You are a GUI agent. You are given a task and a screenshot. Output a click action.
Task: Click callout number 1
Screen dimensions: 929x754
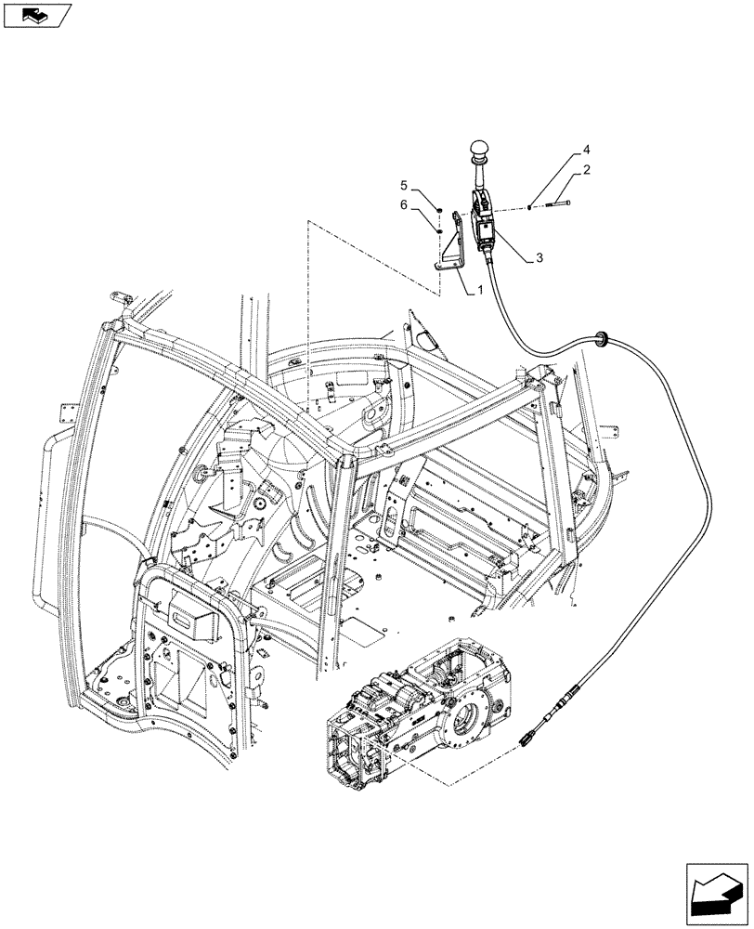tap(479, 290)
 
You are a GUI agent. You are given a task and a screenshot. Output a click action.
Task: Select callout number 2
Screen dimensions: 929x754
tap(588, 170)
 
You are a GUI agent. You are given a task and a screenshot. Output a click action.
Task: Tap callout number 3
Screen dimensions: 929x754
tap(539, 259)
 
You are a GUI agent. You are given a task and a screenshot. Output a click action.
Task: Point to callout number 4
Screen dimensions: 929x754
tap(586, 150)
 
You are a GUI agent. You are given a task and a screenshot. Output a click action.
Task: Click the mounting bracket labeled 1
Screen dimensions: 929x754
tap(453, 247)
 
